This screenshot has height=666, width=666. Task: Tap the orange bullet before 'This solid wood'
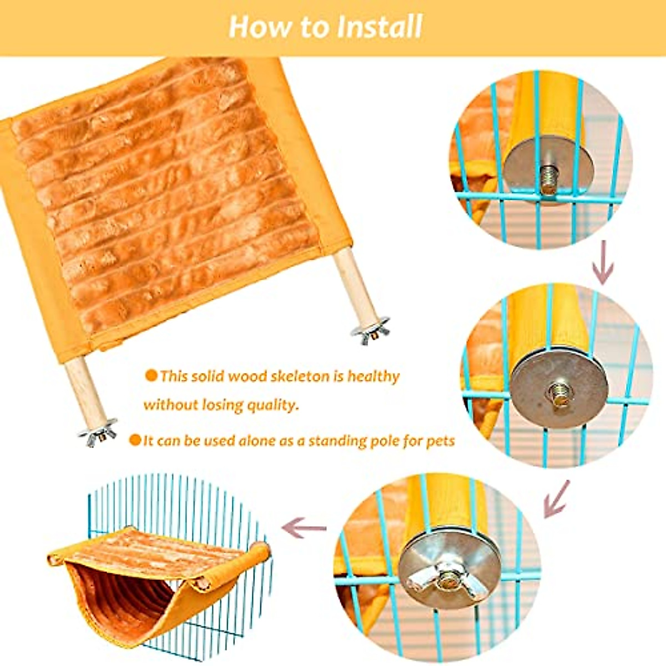tap(151, 376)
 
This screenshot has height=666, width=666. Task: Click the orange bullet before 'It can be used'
tap(135, 440)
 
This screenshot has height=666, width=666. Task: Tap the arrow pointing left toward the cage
tap(304, 527)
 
